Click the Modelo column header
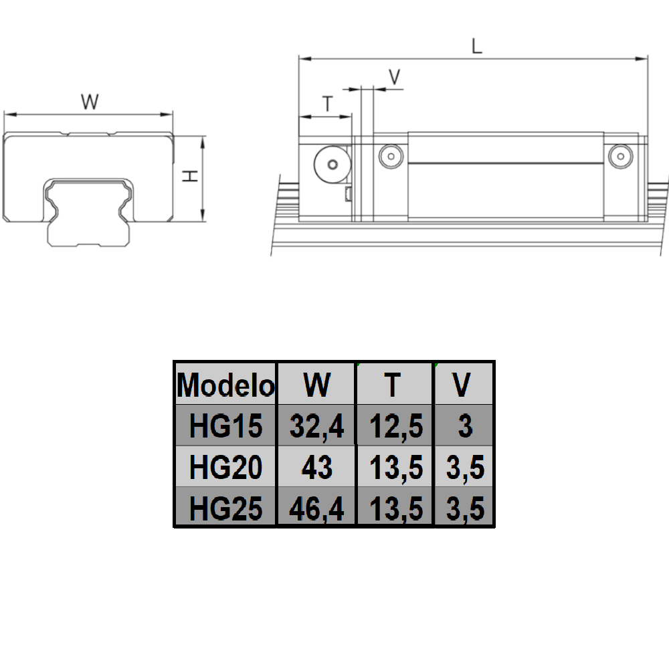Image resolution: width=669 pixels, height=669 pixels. click(x=225, y=385)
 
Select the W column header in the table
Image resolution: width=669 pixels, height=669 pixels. click(x=316, y=385)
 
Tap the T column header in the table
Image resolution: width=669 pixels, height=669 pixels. click(x=395, y=385)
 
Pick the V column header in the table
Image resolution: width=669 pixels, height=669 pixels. click(x=464, y=385)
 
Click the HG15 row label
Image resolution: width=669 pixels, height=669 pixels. click(x=225, y=426)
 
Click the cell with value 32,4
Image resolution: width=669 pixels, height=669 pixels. click(x=316, y=426)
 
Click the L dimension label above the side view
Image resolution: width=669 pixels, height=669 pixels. click(x=476, y=46)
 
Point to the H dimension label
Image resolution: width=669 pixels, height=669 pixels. click(x=191, y=177)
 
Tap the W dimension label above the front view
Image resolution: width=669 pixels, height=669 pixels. click(x=90, y=102)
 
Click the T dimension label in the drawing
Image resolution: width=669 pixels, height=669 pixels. click(x=328, y=104)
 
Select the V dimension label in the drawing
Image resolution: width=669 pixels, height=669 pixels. click(x=395, y=77)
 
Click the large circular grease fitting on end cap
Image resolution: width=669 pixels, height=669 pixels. click(x=331, y=164)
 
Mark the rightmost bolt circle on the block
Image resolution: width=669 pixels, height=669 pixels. click(x=619, y=156)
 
